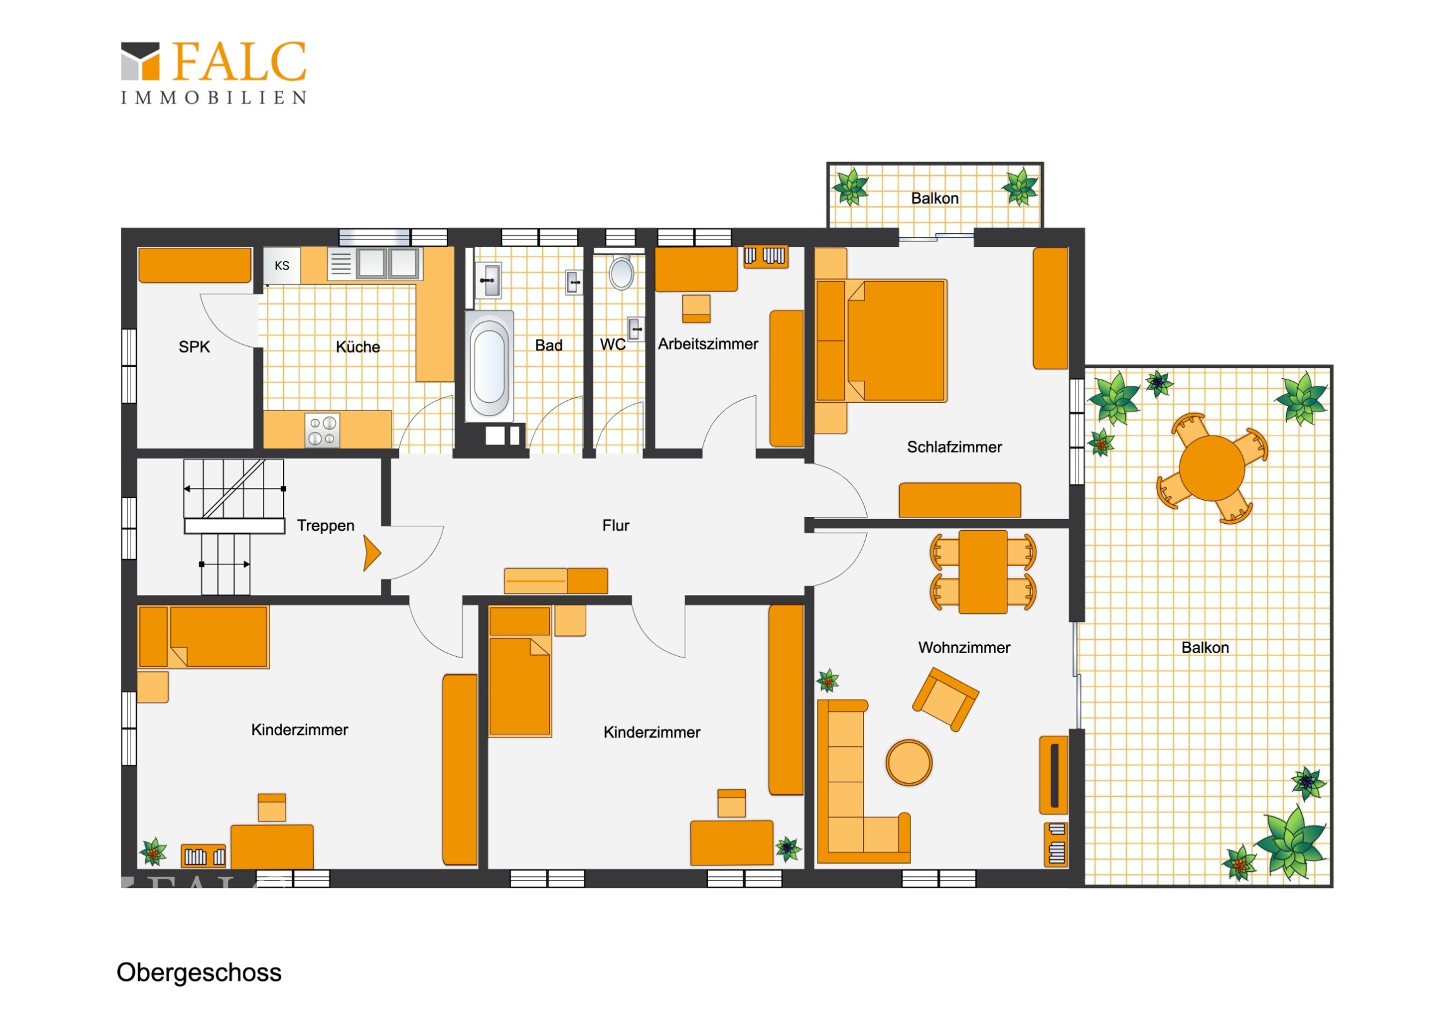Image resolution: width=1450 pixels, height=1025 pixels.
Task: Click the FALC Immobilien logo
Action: (214, 72)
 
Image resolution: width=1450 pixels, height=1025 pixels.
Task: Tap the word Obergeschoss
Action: (199, 973)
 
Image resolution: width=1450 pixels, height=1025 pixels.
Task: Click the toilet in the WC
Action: (622, 272)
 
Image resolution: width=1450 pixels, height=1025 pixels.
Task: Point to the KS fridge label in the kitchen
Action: (282, 265)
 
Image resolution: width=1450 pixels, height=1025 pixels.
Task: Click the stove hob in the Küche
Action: (322, 430)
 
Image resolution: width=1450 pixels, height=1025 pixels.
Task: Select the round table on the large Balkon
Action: (1212, 468)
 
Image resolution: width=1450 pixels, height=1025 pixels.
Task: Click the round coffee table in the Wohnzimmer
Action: (909, 762)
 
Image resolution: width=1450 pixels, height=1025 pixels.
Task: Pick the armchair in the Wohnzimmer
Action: (946, 699)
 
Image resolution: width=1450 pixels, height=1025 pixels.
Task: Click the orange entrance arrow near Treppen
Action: (372, 553)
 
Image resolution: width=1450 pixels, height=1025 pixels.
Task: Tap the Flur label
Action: (616, 526)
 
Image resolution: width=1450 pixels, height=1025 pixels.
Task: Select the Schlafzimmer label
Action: (954, 447)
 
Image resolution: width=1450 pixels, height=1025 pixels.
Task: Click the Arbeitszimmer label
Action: (708, 344)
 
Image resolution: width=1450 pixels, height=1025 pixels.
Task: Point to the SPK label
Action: (194, 347)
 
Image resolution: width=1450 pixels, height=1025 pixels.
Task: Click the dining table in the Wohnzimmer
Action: (983, 572)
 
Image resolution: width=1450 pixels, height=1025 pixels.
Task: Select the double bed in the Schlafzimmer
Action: (881, 341)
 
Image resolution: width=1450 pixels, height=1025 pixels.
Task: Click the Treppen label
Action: (326, 526)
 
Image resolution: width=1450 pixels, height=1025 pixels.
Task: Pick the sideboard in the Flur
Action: (556, 581)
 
